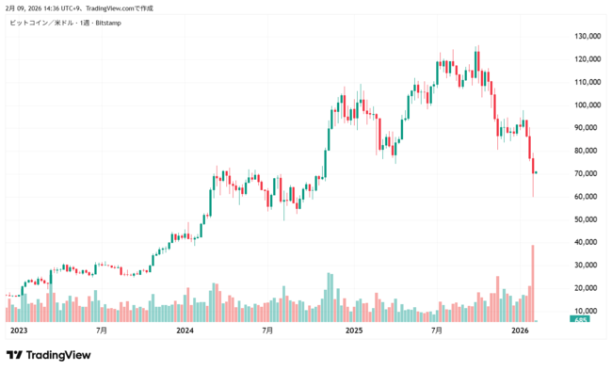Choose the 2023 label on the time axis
coord(18,331)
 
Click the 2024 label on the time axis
coord(185,331)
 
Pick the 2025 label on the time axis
coord(354,331)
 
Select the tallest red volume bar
coord(533,282)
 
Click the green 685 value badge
coord(582,321)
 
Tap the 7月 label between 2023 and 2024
coord(101,331)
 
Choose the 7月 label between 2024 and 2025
coord(268,331)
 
